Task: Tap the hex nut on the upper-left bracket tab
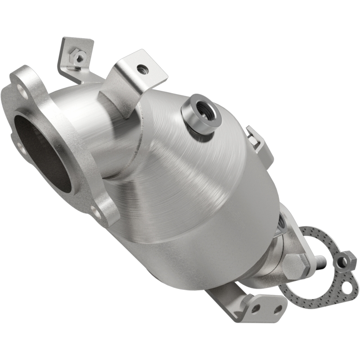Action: pyautogui.click(x=79, y=57)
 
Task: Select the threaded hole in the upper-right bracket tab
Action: pyautogui.click(x=143, y=69)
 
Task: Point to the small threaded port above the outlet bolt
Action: pyautogui.click(x=282, y=221)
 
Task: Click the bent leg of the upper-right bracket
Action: pyautogui.click(x=119, y=97)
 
